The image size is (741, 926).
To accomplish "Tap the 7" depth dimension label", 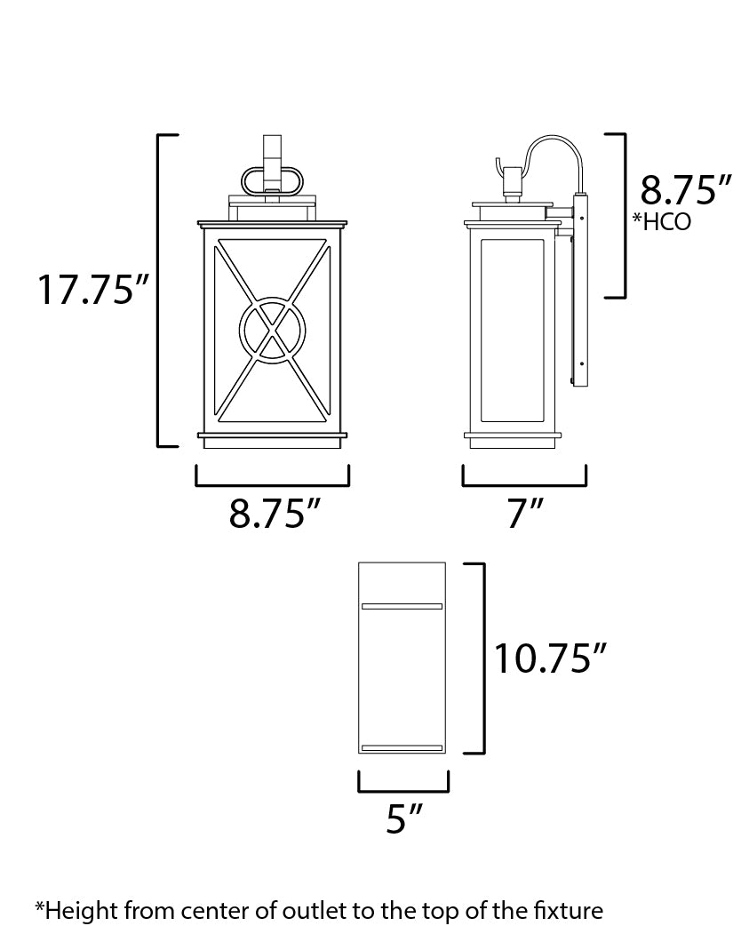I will tap(524, 514).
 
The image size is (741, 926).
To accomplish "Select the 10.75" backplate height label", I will tap(551, 659).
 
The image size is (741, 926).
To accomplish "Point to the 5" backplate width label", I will tap(403, 818).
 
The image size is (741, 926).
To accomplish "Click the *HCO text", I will tap(661, 222).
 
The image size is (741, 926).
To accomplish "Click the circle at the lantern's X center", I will tap(272, 330).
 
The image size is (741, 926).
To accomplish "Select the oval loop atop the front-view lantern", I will tap(272, 180).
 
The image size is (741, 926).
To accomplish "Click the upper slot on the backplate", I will tap(402, 606).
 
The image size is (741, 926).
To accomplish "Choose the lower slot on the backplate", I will tap(402, 747).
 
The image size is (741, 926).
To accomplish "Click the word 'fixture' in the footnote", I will tap(569, 909).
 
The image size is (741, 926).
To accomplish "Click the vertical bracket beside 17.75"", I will tap(159, 291).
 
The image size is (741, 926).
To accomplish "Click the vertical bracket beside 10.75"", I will tap(482, 658).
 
